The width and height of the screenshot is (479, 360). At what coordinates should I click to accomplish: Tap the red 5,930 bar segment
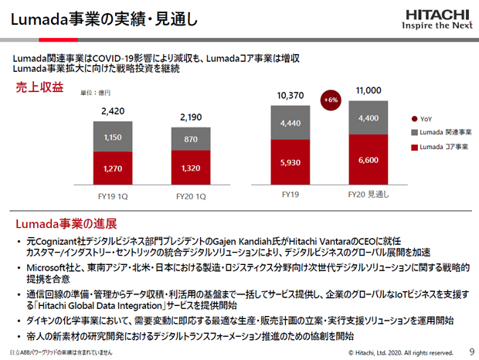[290, 162]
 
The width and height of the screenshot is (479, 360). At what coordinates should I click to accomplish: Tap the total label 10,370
[290, 95]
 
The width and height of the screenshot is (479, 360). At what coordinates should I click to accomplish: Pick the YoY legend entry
[420, 120]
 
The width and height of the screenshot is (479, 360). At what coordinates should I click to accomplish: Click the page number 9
[471, 352]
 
